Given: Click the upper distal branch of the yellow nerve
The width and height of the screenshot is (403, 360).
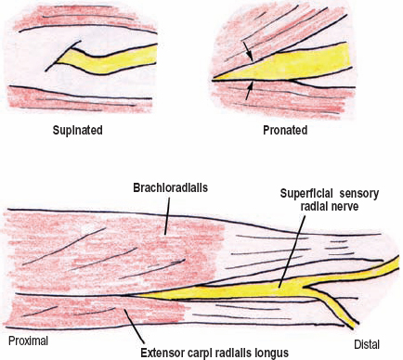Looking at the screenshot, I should (367, 272).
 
